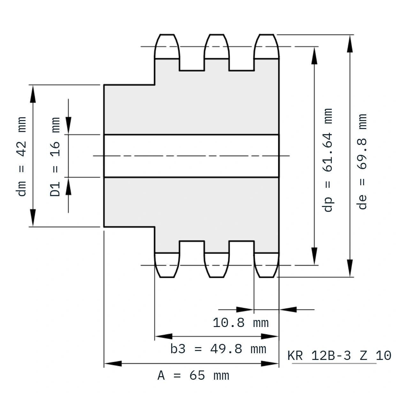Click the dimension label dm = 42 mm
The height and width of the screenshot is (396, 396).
pos(21,156)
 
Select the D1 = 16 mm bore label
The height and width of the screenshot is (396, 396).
pos(55,157)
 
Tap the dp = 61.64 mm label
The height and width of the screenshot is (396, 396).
pos(327,160)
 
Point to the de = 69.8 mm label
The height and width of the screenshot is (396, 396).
pos(362,162)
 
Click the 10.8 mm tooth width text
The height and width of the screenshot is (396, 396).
pos(241,323)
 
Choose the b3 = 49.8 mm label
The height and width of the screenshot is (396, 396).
pos(218,349)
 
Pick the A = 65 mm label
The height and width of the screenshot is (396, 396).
pos(193,376)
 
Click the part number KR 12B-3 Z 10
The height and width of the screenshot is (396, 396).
pos(339,355)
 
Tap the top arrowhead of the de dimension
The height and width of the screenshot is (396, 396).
pos(350,44)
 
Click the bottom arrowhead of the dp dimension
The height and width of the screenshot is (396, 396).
pos(314,256)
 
